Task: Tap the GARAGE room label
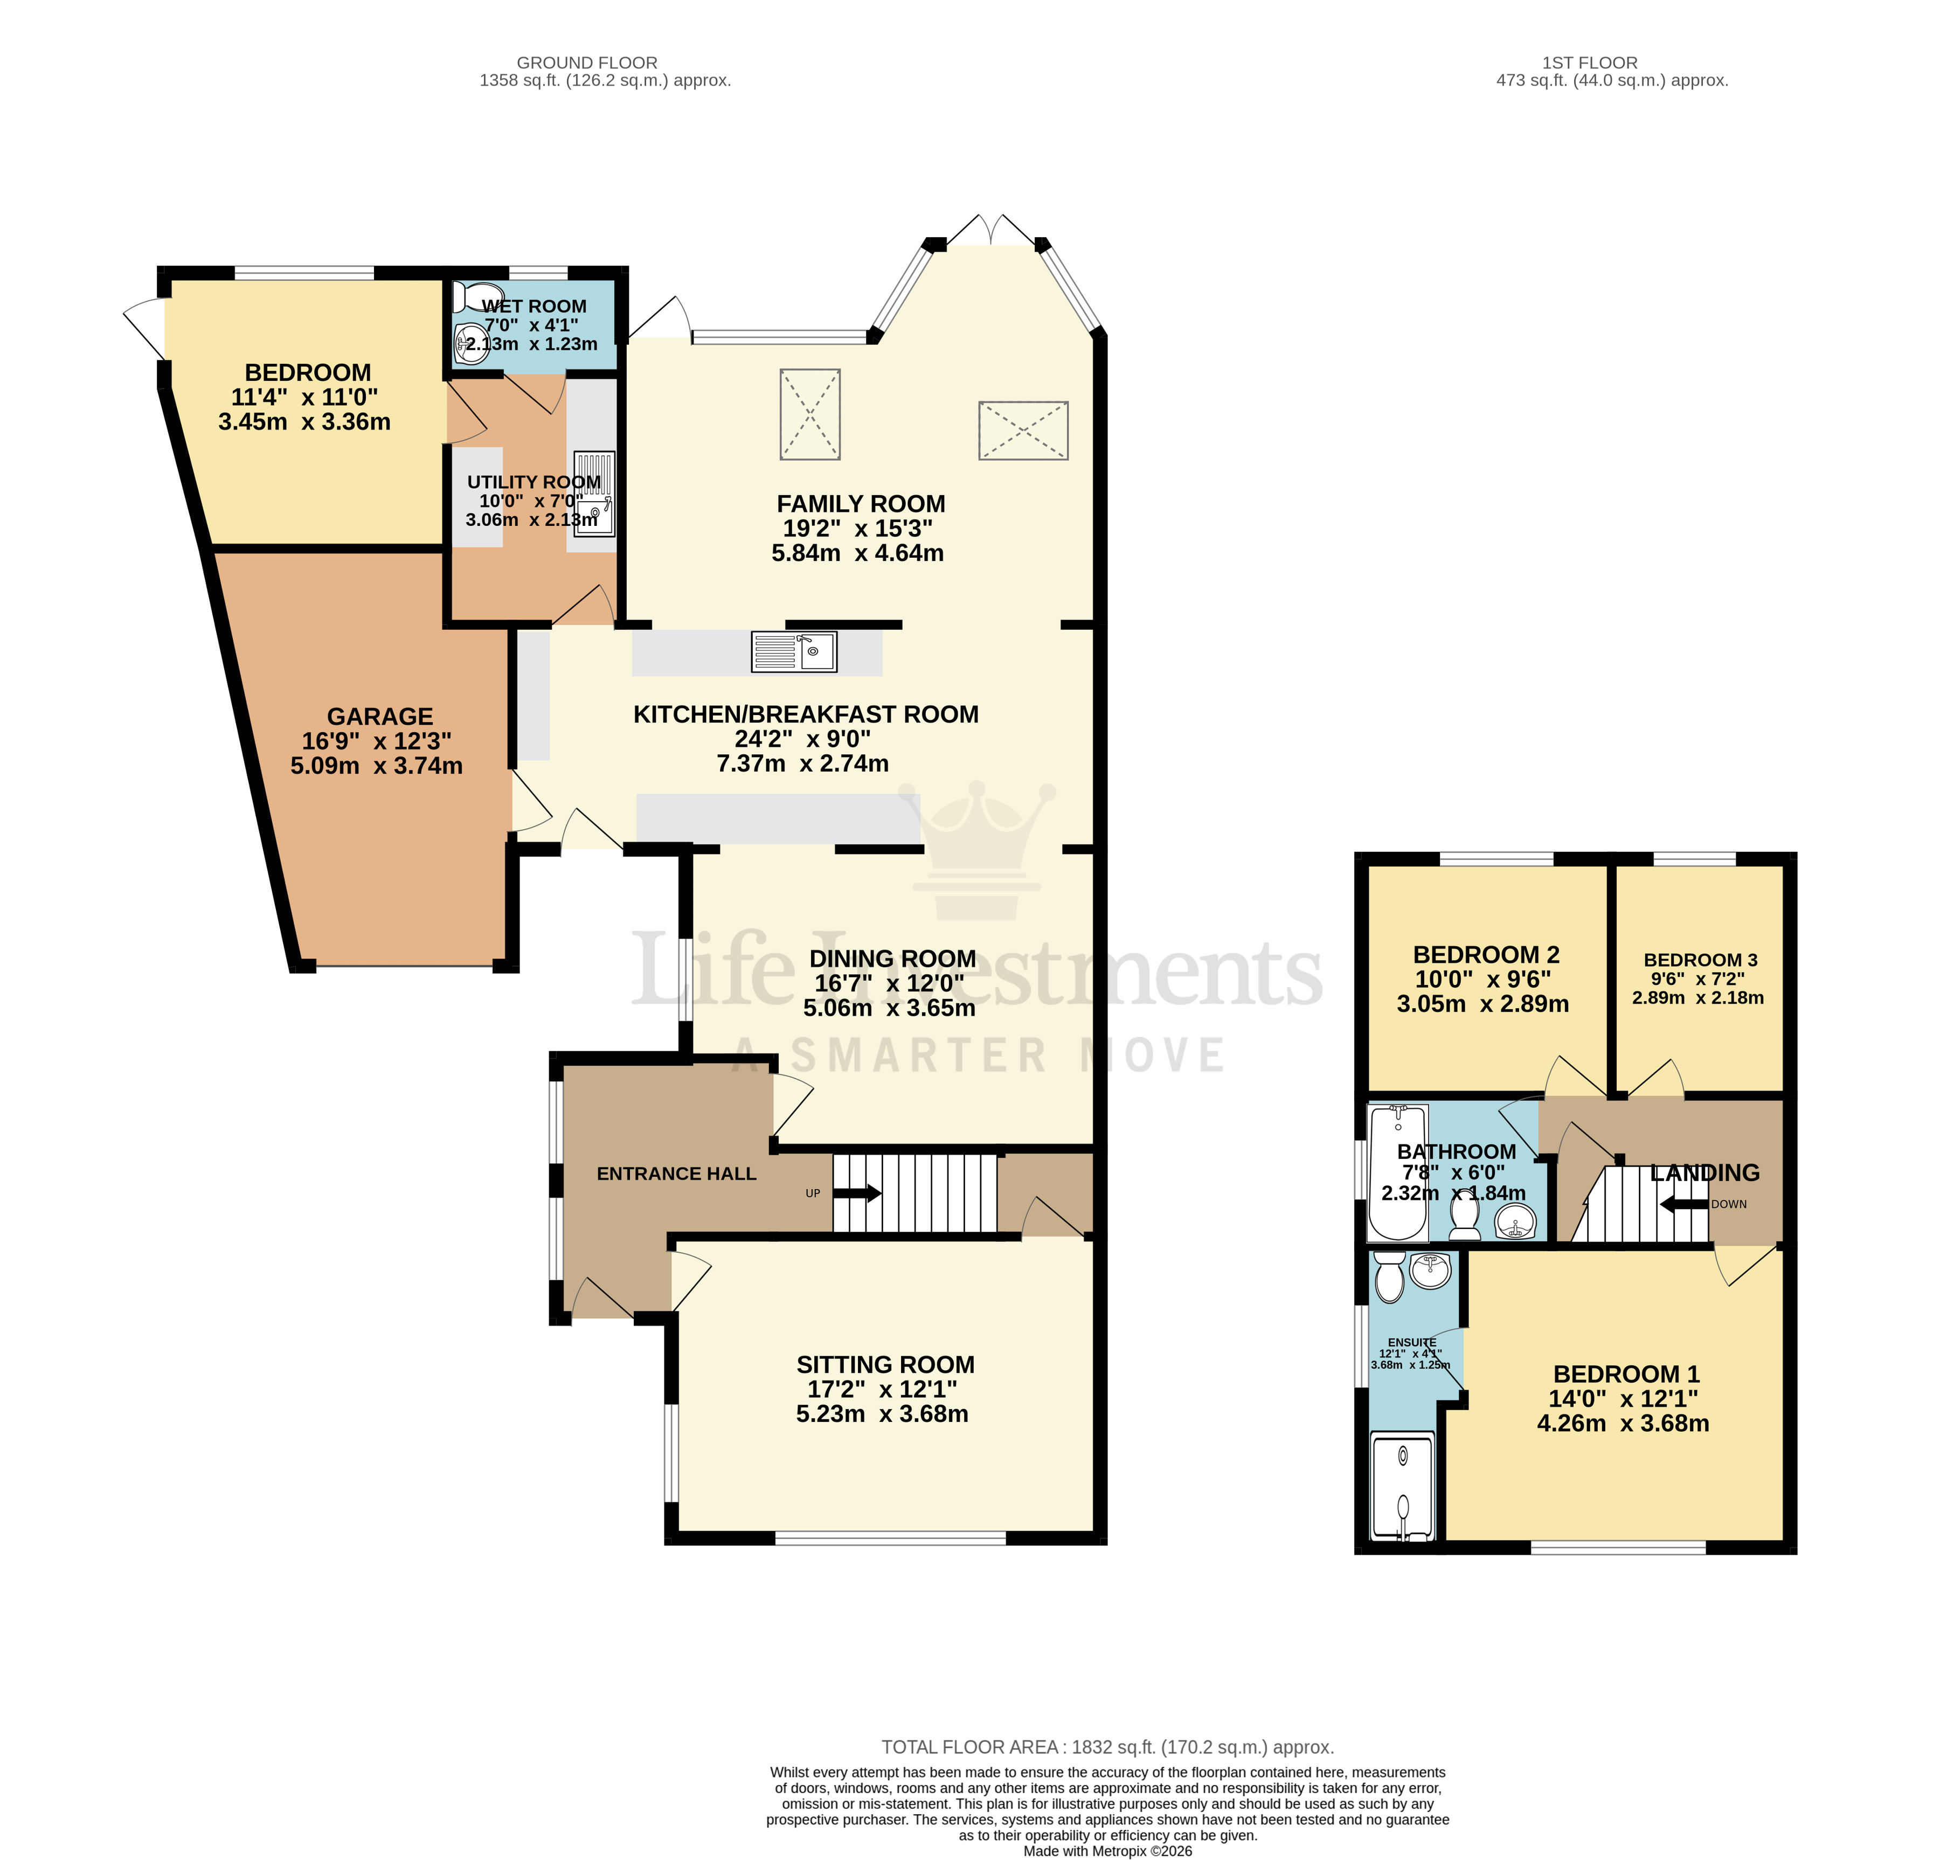(x=380, y=717)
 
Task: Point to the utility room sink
(x=594, y=496)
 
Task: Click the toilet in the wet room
(x=473, y=299)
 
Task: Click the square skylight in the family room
(x=810, y=414)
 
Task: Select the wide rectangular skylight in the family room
(x=1023, y=431)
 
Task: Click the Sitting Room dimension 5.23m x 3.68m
(x=881, y=1414)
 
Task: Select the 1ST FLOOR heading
(x=1589, y=63)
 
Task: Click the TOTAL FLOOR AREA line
(x=1107, y=1747)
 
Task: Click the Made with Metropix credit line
(x=1107, y=1850)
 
